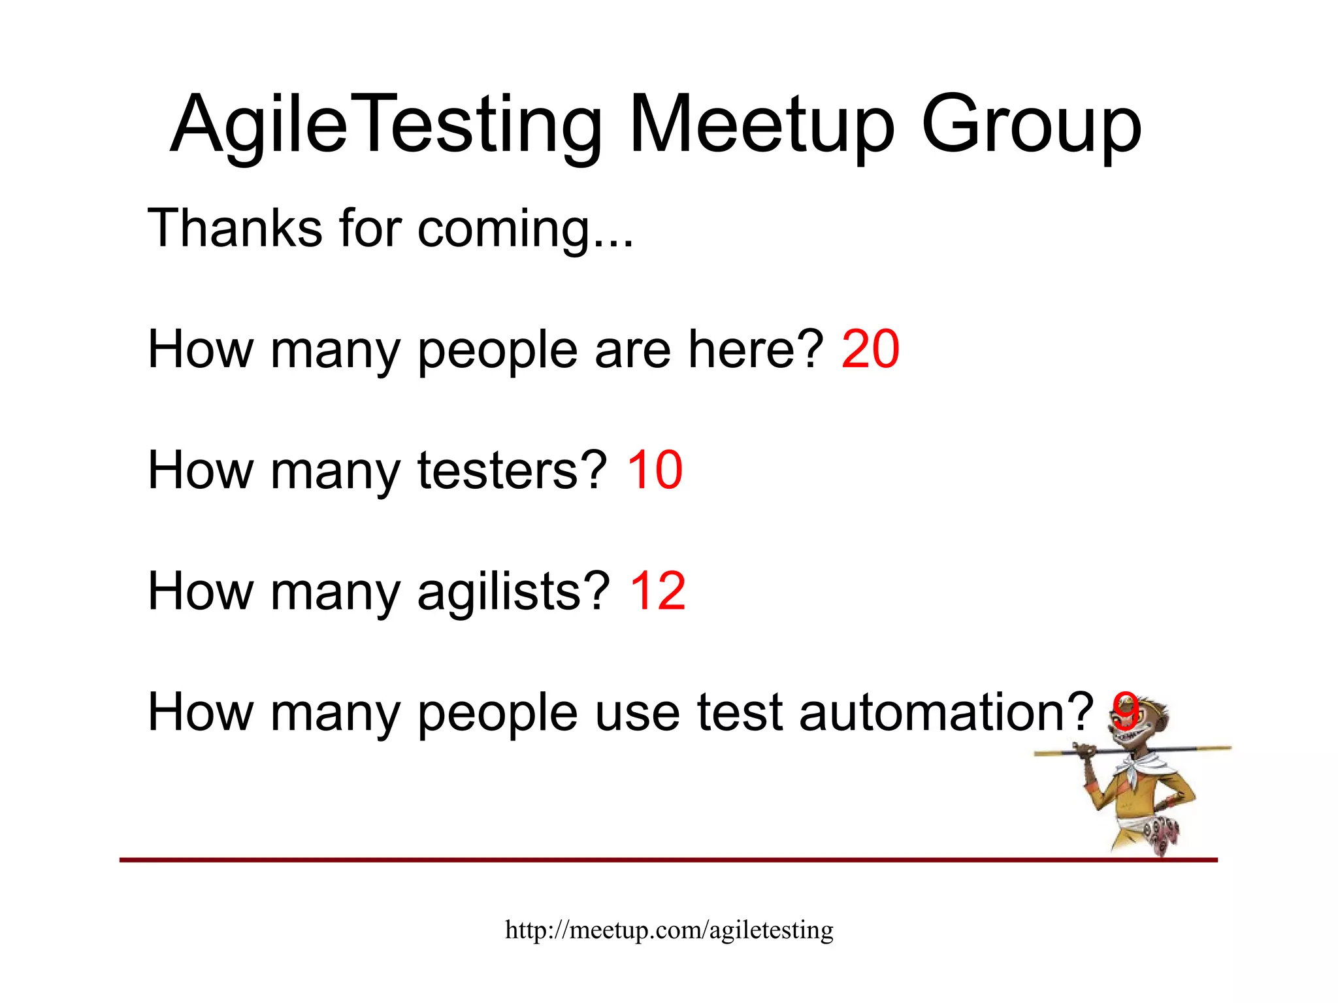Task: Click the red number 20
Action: [870, 350]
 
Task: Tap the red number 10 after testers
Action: [654, 470]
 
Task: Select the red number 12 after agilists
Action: [657, 591]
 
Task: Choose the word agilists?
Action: [514, 591]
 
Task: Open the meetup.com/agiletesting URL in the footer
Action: [669, 929]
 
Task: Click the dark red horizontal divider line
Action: [588, 860]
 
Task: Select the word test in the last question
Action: [739, 712]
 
